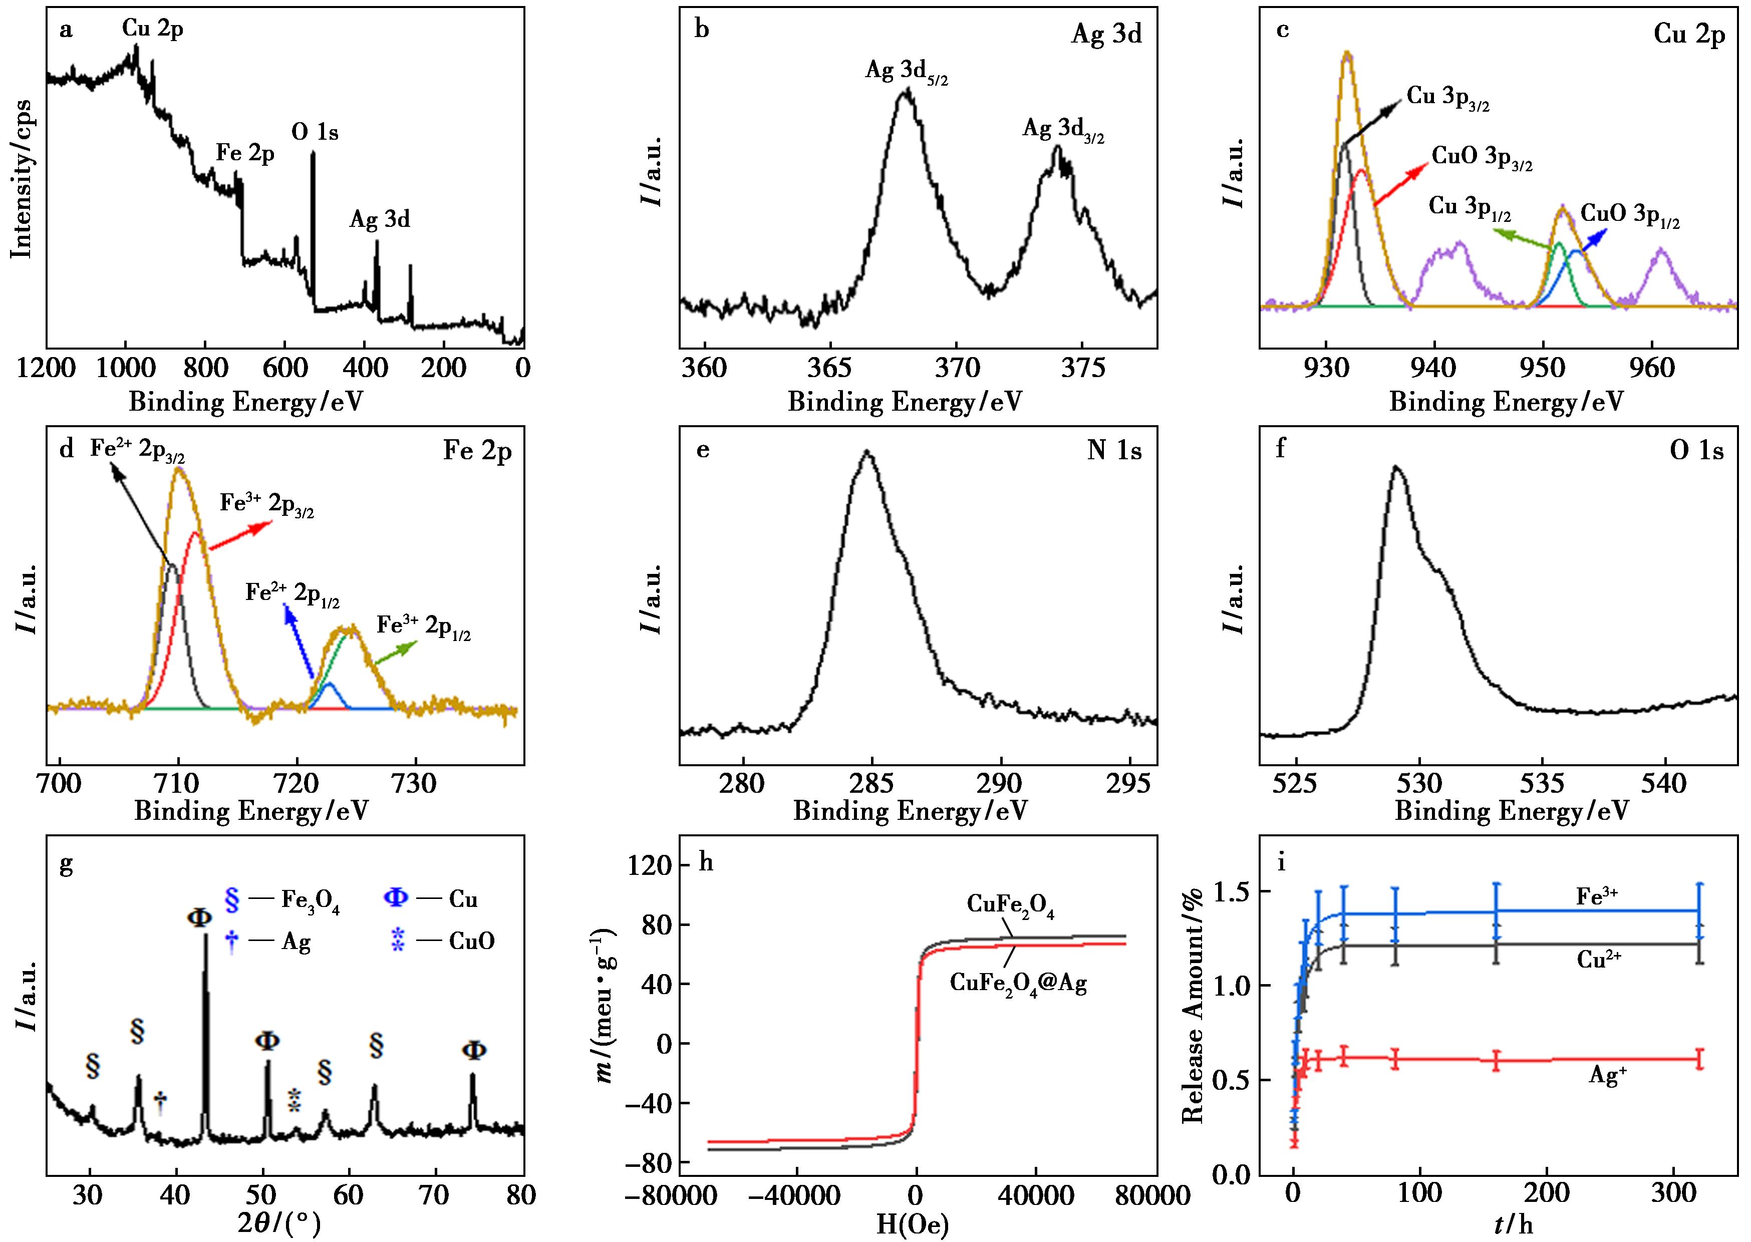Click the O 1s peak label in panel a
[x=314, y=133]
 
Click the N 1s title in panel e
[x=1114, y=451]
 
